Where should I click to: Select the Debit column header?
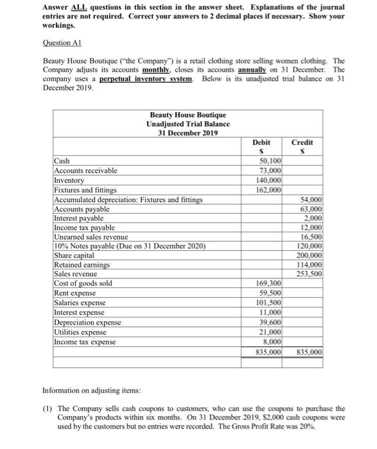[x=261, y=142]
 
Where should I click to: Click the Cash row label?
[x=62, y=161]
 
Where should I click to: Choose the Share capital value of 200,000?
[x=310, y=255]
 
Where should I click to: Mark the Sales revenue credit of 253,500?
[x=310, y=274]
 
